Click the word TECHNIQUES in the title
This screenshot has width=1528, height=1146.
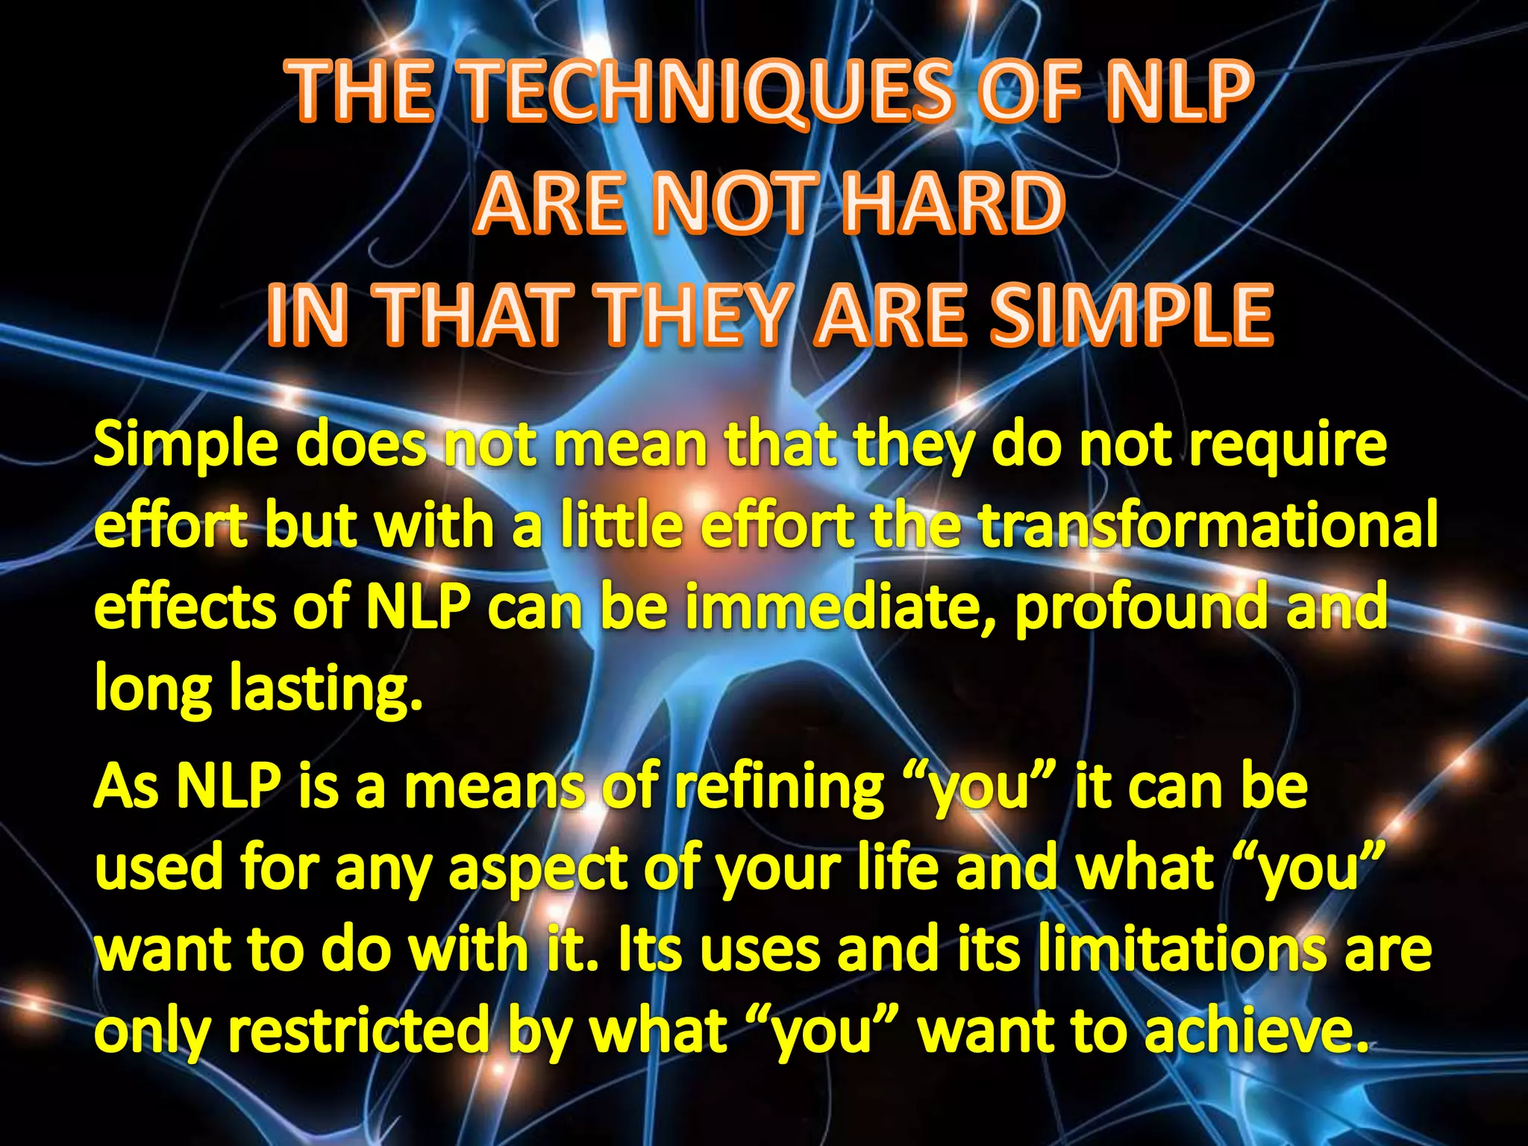tap(710, 92)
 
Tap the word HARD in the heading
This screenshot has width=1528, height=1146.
tap(954, 203)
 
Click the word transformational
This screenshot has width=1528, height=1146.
tap(1206, 525)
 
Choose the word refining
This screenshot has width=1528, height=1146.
tap(780, 789)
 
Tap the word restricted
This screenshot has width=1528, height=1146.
tap(357, 1030)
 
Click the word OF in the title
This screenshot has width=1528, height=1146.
tap(1028, 92)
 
